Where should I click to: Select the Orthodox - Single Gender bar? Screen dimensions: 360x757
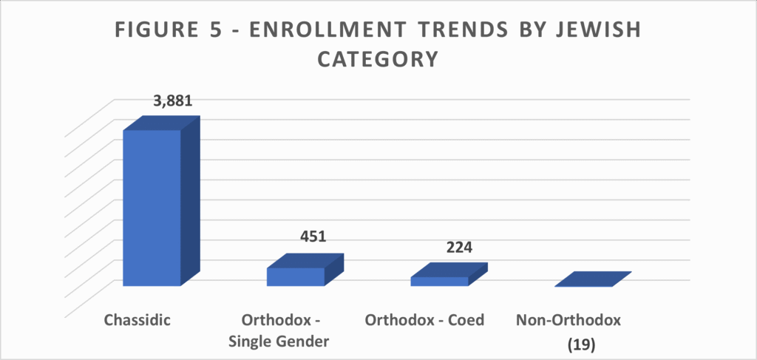[x=295, y=276]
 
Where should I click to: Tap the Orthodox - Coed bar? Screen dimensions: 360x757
[x=439, y=281]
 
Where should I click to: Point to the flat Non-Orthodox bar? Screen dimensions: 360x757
[x=591, y=279]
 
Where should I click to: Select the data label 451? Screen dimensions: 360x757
[x=313, y=237]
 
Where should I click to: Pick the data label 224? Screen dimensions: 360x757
[x=459, y=247]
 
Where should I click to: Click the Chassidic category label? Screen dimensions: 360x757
[x=138, y=321]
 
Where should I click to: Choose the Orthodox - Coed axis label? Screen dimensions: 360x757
[x=424, y=321]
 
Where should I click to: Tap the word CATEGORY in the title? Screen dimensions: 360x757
[x=378, y=59]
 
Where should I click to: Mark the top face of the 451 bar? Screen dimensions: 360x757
[x=305, y=261]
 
